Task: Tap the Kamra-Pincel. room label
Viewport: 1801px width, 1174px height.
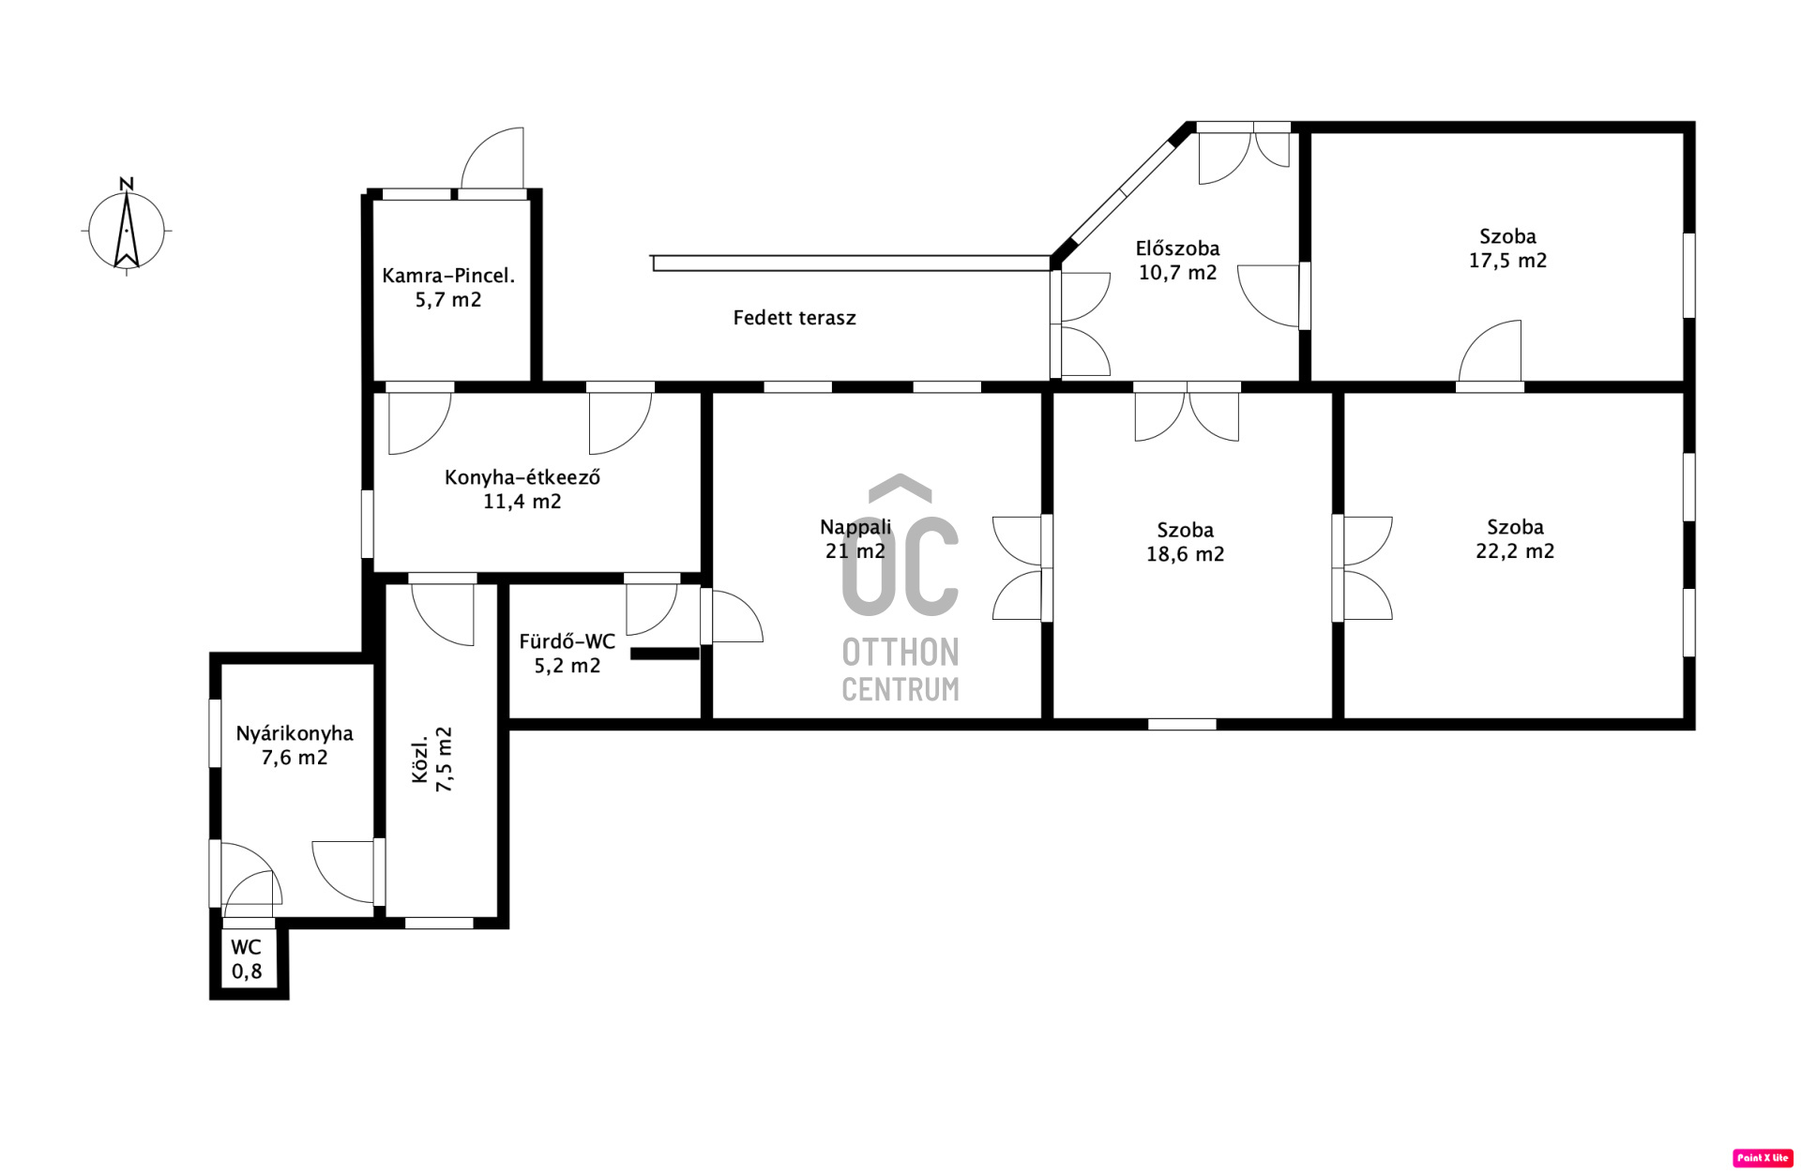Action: (448, 276)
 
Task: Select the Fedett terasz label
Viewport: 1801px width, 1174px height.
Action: (795, 318)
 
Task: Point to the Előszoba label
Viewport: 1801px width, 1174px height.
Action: (1177, 248)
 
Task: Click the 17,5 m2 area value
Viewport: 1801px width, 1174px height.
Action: (1507, 261)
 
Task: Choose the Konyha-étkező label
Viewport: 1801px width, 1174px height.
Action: (522, 477)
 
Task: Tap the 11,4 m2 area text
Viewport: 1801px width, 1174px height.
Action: (522, 502)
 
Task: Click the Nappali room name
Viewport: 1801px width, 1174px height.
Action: (855, 527)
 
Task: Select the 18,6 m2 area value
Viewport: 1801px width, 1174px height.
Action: (1185, 554)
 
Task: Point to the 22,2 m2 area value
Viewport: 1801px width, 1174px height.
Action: (1515, 551)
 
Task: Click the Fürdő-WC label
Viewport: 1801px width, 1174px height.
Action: (568, 641)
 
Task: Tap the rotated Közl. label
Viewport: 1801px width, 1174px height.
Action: (421, 759)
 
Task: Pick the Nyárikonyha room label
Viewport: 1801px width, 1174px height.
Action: (295, 733)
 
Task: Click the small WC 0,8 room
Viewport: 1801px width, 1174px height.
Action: (248, 959)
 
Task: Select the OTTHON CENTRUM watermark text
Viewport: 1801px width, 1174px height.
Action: (900, 670)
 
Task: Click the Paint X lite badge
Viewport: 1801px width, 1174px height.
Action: (1763, 1158)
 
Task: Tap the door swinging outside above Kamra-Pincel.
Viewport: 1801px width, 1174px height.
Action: (492, 159)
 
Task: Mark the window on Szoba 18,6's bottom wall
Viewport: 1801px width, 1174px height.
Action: (1182, 724)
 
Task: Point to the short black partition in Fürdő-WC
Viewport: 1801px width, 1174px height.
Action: (665, 654)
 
